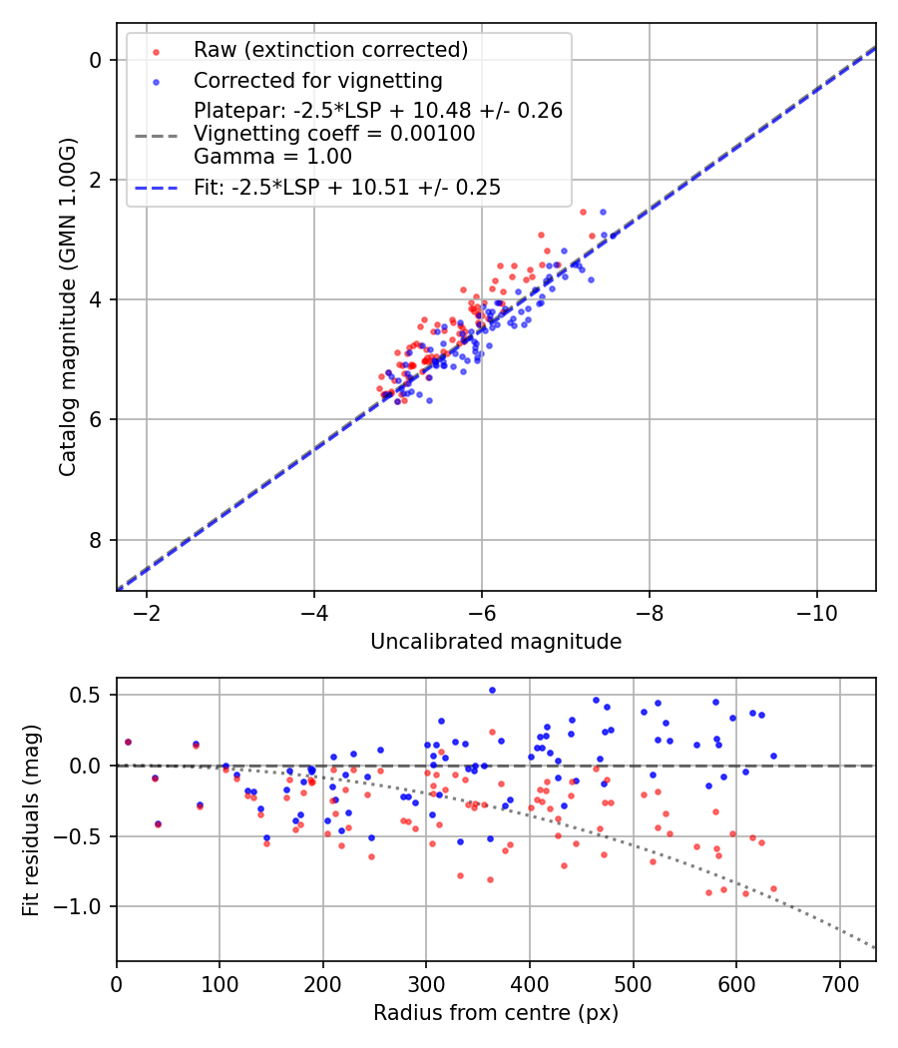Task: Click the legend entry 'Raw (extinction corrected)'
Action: click(x=330, y=50)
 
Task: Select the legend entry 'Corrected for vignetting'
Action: click(x=318, y=80)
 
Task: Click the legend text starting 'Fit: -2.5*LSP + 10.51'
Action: click(x=347, y=188)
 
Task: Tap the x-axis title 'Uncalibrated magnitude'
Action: click(x=496, y=642)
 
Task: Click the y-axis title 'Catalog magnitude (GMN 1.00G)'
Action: click(x=67, y=305)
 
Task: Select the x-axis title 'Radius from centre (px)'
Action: click(x=496, y=1013)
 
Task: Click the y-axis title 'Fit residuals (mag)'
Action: click(x=31, y=819)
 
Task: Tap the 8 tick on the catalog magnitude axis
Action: click(x=97, y=540)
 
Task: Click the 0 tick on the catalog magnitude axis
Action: click(x=97, y=60)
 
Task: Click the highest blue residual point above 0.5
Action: click(x=492, y=690)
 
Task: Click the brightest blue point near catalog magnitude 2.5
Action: click(x=603, y=212)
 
